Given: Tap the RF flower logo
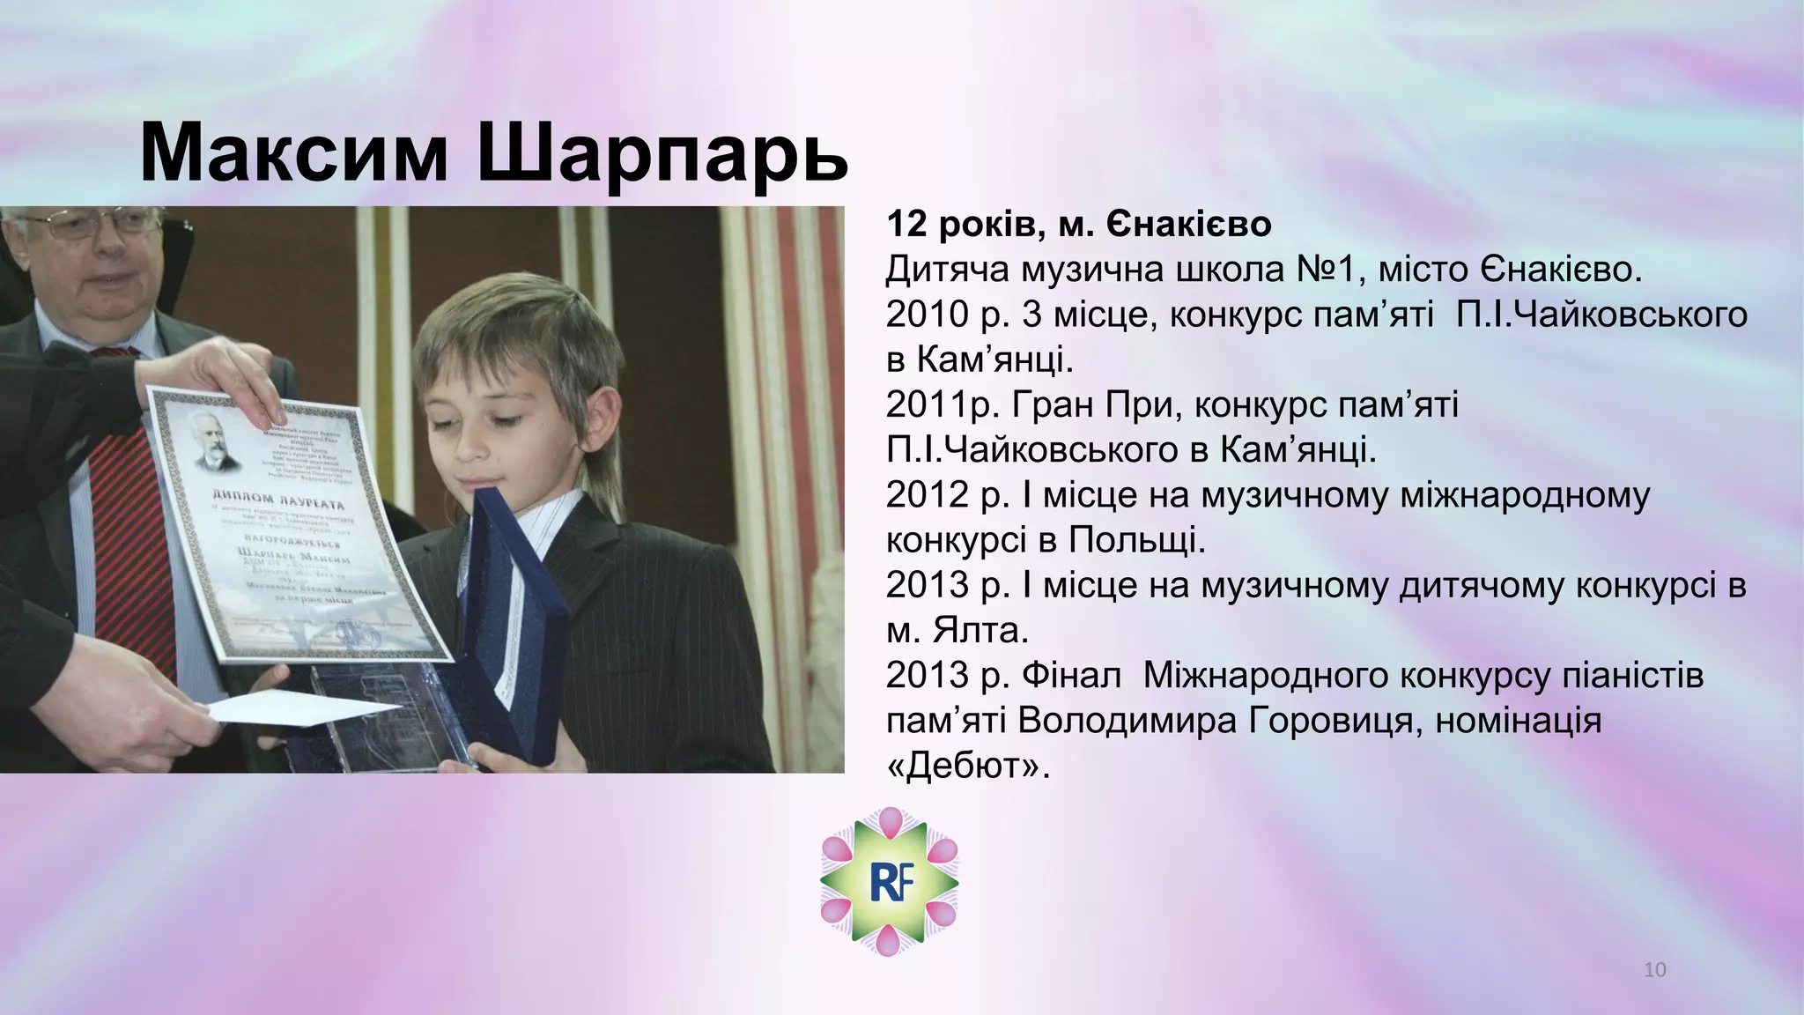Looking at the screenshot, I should pos(889,882).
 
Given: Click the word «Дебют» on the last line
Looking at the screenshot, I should pos(968,767).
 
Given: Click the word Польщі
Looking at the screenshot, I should pos(1137,540).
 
